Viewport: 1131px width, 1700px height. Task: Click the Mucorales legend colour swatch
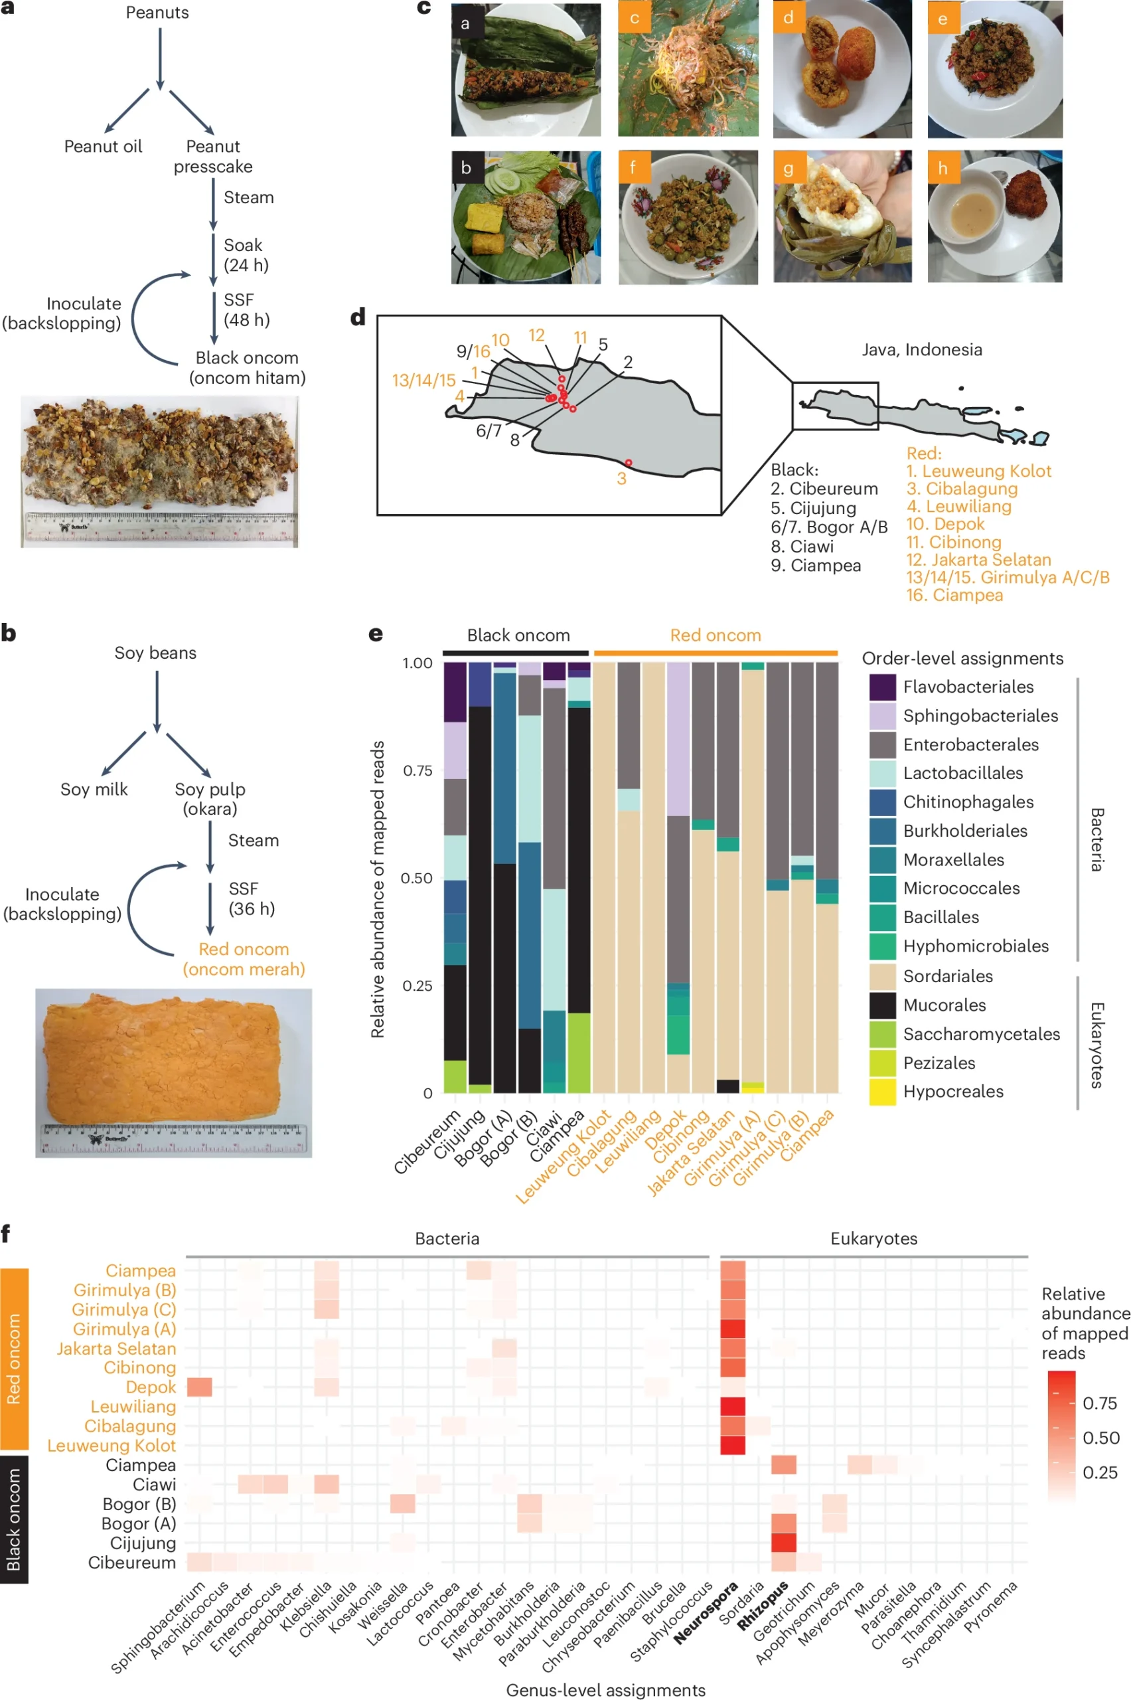(x=882, y=1005)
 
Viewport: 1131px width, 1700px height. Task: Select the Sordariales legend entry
(x=947, y=976)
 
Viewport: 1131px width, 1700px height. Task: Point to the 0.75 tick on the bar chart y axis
(x=417, y=770)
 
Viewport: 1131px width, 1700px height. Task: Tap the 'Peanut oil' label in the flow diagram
(x=103, y=147)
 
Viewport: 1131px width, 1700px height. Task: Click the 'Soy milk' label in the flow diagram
(x=94, y=790)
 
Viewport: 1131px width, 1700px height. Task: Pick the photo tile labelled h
(x=994, y=216)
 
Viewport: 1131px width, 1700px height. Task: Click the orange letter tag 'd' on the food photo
(x=788, y=17)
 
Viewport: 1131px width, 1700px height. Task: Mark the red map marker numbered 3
(x=629, y=463)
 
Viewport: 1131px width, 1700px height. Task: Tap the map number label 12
(x=536, y=335)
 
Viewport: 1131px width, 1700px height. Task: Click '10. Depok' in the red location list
(x=945, y=525)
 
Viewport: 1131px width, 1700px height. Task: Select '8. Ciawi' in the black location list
(x=802, y=547)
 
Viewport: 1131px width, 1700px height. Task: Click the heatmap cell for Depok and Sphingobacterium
(x=200, y=1386)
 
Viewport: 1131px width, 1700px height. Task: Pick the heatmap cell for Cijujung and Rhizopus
(x=783, y=1543)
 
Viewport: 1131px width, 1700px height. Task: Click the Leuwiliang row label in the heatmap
(x=133, y=1406)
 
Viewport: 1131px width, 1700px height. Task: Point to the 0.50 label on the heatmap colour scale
(x=1100, y=1437)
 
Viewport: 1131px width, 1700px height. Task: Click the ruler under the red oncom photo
(x=174, y=1138)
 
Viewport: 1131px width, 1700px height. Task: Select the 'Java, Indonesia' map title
(x=921, y=350)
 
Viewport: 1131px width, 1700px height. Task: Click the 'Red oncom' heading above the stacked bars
(x=715, y=636)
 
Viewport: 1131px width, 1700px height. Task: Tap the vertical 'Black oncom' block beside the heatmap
(x=14, y=1519)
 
